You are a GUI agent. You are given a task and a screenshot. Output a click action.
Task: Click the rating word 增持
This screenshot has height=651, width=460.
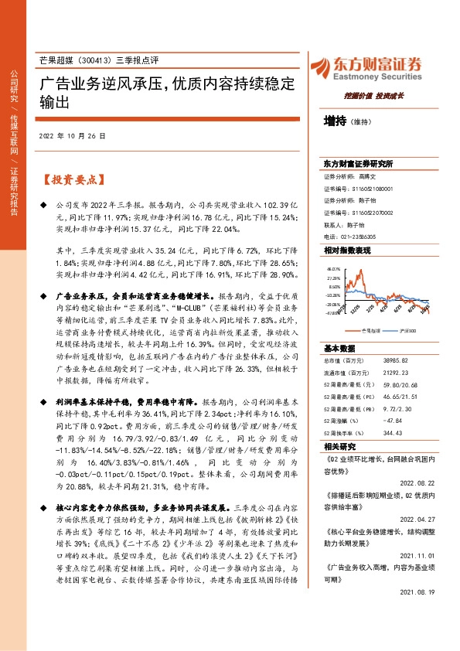336,121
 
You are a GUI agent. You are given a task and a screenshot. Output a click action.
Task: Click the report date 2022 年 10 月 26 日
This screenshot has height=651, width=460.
71,135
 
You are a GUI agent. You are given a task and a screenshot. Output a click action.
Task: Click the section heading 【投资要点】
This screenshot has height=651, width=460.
72,179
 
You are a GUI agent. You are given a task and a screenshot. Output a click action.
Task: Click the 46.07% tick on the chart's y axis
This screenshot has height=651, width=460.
333,269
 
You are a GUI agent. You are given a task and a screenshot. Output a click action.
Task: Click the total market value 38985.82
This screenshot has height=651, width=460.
393,361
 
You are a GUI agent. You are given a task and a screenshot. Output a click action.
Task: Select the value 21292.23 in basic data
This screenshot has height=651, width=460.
393,373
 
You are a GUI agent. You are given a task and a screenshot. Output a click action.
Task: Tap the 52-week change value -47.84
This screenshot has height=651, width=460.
391,420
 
